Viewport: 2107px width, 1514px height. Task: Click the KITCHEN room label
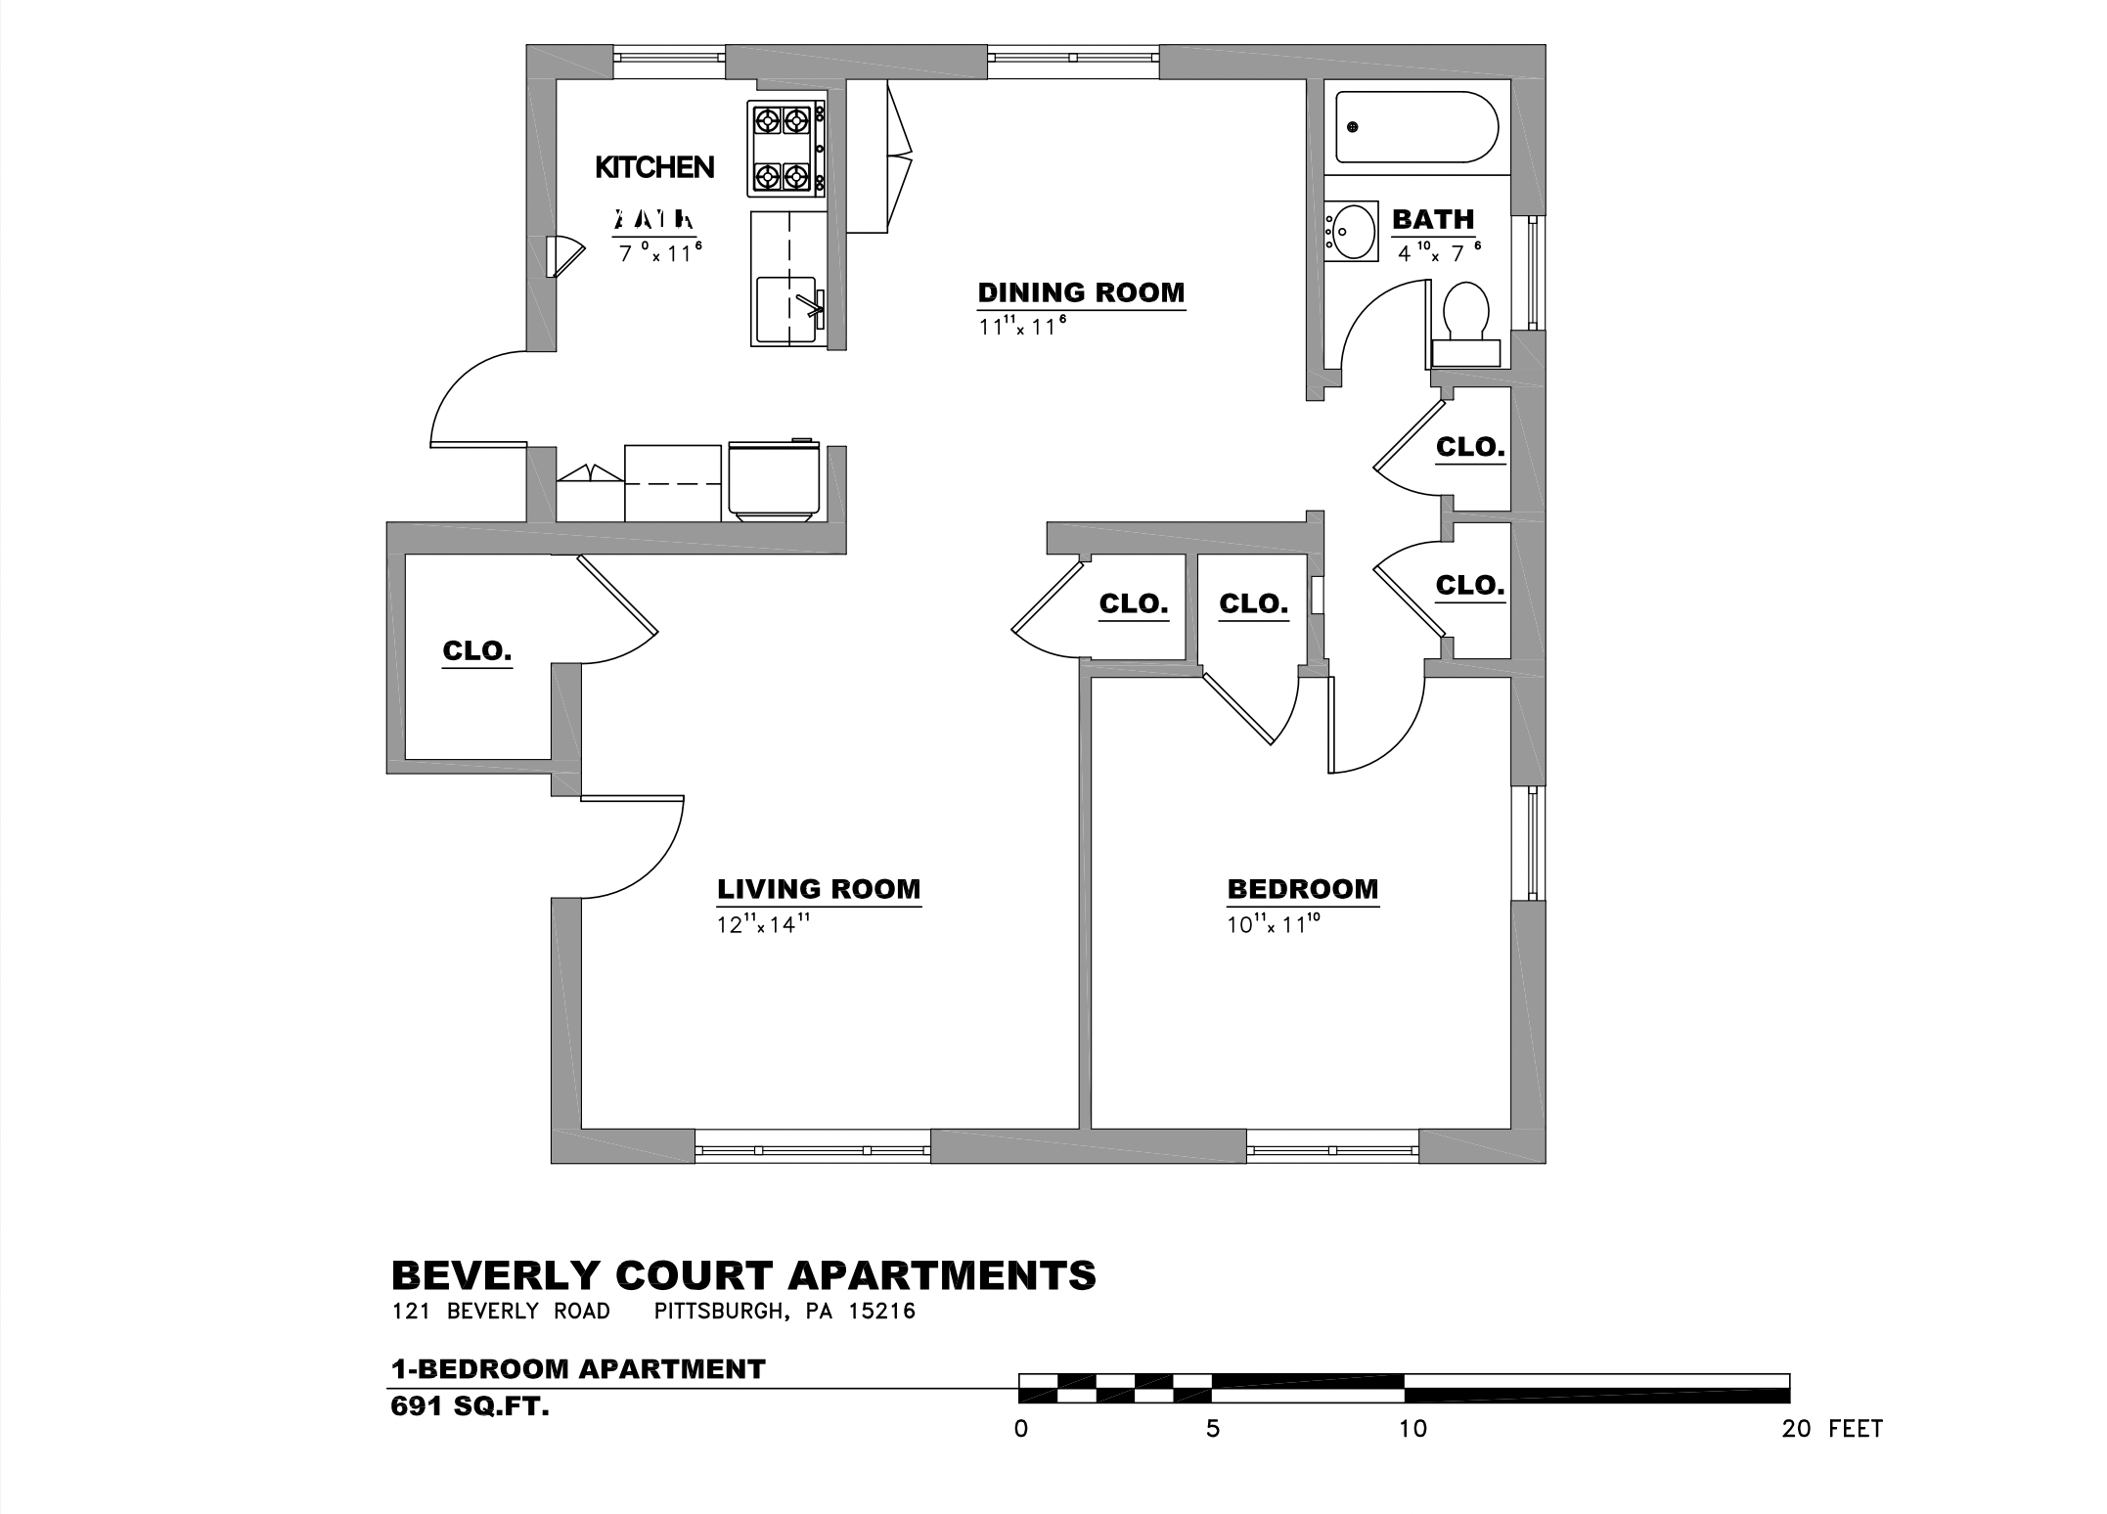[654, 167]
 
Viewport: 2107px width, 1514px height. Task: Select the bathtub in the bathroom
[1415, 127]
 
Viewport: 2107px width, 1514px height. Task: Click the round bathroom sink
[1351, 232]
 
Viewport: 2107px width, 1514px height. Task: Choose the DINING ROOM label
[1081, 292]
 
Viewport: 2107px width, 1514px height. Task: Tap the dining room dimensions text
[1017, 326]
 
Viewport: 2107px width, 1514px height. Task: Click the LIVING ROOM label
[819, 889]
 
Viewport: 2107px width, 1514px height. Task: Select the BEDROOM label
[1302, 889]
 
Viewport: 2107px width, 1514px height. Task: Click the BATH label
[1432, 219]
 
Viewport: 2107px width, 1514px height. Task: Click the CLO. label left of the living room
[477, 650]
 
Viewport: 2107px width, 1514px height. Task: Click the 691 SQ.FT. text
[470, 1407]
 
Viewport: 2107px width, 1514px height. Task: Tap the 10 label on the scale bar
[1412, 1429]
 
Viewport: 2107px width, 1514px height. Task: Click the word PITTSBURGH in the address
[719, 1311]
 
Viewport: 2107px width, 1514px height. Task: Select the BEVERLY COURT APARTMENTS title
[743, 1275]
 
